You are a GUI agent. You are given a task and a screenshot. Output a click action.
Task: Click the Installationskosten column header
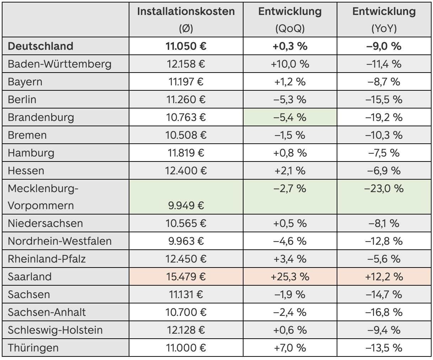coord(186,11)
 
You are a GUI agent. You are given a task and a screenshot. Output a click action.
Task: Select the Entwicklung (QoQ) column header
coord(290,11)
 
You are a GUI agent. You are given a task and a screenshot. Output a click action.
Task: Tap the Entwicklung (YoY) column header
coord(384,11)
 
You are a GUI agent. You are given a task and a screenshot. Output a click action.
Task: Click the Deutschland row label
coord(41,46)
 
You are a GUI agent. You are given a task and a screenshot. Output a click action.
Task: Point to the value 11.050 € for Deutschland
coord(186,46)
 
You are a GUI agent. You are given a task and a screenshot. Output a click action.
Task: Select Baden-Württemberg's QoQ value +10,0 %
coord(290,64)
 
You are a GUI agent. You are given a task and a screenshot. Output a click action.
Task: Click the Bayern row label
coord(25,82)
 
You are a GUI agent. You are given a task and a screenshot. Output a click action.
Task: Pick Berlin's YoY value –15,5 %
coord(384,100)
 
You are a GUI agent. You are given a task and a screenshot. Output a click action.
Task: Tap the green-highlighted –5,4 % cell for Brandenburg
coord(290,117)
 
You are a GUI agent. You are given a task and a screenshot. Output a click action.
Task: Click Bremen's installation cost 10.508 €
coord(186,135)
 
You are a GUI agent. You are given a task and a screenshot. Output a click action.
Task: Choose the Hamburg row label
coord(31,153)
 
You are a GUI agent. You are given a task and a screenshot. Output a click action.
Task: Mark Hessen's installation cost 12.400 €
coord(186,171)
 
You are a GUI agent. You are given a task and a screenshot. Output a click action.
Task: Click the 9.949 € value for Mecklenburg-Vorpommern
coord(186,206)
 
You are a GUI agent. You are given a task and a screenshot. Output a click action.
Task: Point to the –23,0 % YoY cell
coord(384,188)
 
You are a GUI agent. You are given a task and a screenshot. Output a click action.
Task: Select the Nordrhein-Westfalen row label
coord(60,241)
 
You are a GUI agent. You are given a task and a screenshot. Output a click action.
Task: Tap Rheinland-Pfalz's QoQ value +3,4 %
coord(290,259)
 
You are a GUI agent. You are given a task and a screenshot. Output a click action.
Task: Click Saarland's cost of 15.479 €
coord(186,277)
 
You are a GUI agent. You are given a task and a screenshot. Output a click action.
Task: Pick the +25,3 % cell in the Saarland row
coord(290,277)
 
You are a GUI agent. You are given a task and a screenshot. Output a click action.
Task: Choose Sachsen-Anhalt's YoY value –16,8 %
coord(384,312)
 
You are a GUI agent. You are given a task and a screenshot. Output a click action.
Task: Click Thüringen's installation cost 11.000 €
coord(186,348)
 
